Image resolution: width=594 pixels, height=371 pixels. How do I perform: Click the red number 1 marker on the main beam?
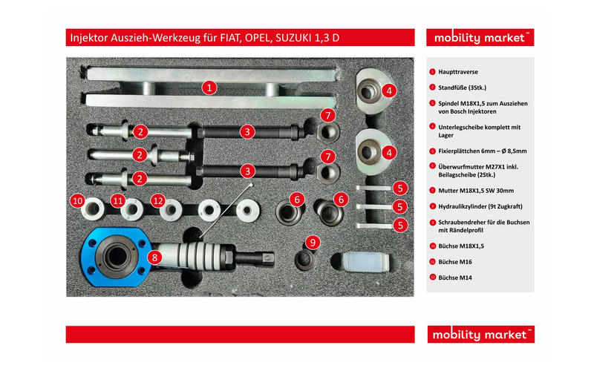click(x=209, y=88)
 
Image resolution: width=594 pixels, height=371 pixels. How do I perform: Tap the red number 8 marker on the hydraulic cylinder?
click(x=154, y=257)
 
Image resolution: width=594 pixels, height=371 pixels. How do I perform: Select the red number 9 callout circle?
click(x=313, y=243)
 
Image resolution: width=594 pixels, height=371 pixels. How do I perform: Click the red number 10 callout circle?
click(x=78, y=200)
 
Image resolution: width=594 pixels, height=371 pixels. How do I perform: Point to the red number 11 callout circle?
click(x=118, y=200)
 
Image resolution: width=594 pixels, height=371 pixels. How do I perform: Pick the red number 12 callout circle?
click(x=158, y=200)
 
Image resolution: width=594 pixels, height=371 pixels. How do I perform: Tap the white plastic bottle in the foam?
click(x=365, y=262)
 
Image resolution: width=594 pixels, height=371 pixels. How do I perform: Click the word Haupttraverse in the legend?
click(x=458, y=72)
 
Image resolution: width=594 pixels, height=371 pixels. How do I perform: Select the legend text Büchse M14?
click(x=455, y=278)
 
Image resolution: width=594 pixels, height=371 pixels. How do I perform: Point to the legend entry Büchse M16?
click(x=455, y=262)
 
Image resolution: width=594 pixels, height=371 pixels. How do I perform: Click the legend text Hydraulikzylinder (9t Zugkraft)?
click(x=480, y=206)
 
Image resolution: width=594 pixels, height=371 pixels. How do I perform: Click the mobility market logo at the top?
click(x=480, y=38)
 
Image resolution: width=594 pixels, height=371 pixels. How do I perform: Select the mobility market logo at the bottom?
click(x=480, y=335)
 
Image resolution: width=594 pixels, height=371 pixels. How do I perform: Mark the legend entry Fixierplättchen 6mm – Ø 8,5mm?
click(x=482, y=151)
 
